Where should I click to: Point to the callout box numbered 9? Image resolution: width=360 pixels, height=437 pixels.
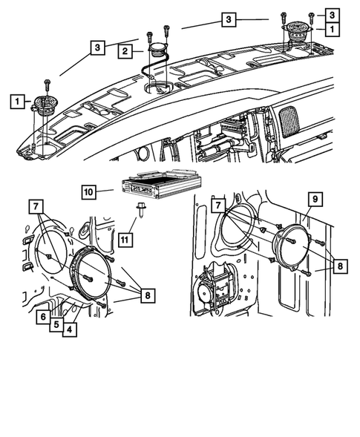pyautogui.click(x=314, y=200)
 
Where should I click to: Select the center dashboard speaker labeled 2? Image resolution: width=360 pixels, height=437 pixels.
pyautogui.click(x=157, y=52)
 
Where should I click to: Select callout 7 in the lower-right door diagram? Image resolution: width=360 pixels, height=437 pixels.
pyautogui.click(x=217, y=203)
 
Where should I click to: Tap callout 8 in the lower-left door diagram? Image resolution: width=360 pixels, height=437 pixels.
pyautogui.click(x=147, y=295)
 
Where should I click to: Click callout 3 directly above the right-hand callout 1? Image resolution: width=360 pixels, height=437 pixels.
pyautogui.click(x=331, y=16)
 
